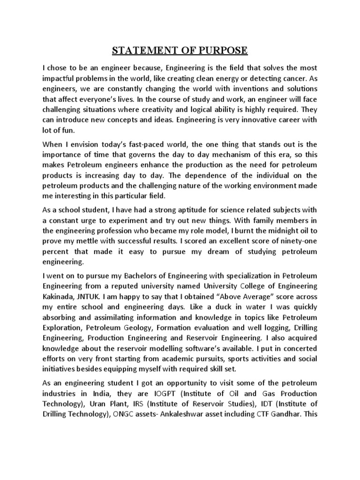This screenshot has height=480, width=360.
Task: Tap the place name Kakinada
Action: (x=58, y=296)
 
